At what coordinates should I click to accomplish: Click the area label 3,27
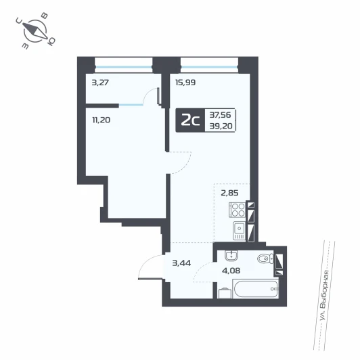[x=100, y=82]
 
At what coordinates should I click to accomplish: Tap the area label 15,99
[x=185, y=82]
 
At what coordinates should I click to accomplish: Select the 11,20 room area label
[x=102, y=120]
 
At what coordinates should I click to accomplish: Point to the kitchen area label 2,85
[x=229, y=193]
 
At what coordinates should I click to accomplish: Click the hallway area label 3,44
[x=181, y=263]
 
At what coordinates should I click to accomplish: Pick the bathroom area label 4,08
[x=231, y=271]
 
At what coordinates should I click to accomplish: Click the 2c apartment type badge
[x=190, y=120]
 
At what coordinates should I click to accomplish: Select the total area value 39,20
[x=221, y=126]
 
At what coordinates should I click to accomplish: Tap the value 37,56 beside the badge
[x=220, y=114]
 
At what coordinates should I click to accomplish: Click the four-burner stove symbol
[x=238, y=210]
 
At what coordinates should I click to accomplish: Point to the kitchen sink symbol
[x=240, y=231]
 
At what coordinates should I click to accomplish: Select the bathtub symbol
[x=256, y=288]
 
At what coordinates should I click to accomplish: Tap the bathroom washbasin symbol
[x=231, y=256]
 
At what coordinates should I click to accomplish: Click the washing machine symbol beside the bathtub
[x=224, y=293]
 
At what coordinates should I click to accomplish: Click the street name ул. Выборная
[x=324, y=296]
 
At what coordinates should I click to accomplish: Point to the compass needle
[x=35, y=30]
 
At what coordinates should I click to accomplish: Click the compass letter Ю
[x=51, y=41]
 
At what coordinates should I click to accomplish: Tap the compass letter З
[x=26, y=46]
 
